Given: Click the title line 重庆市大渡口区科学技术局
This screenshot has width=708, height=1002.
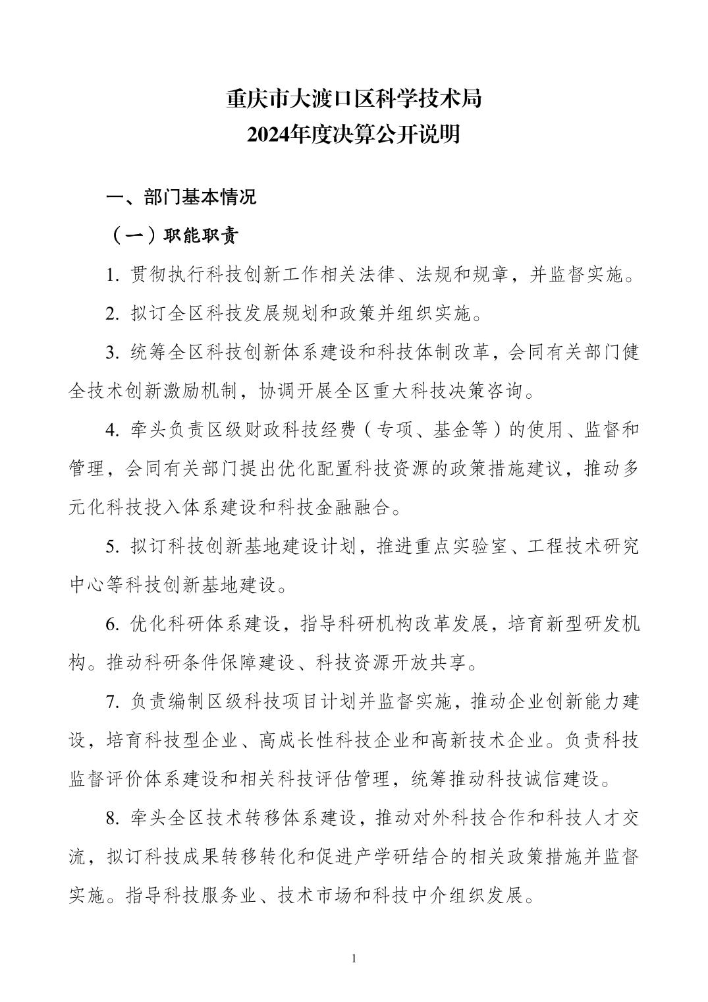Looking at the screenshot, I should (354, 99).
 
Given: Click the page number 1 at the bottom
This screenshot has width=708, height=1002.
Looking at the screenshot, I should (354, 958).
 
